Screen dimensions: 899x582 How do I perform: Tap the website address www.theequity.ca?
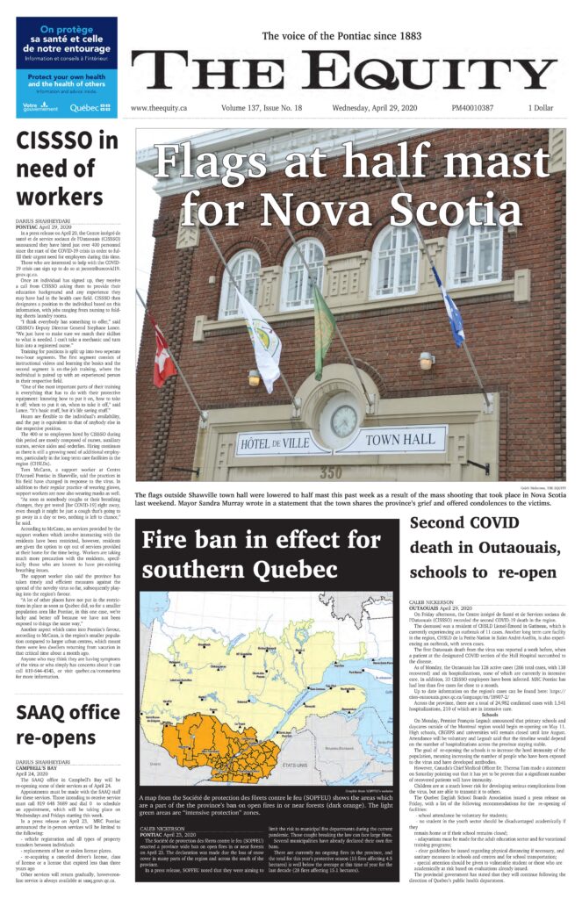[162, 108]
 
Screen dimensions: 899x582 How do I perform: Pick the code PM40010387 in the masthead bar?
[469, 108]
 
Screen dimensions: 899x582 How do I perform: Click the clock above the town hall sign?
[344, 421]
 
